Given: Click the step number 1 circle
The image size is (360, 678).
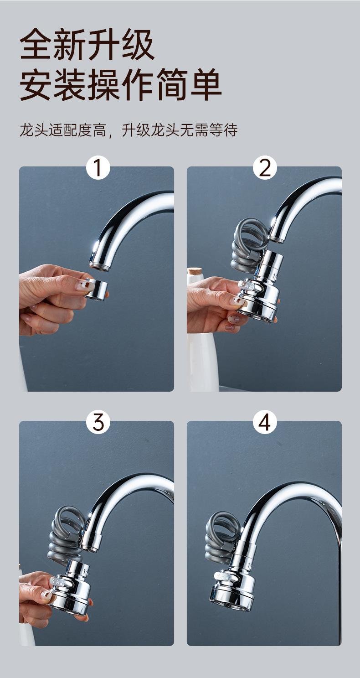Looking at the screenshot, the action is pos(98,167).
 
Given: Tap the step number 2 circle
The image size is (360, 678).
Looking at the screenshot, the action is pos(265,167).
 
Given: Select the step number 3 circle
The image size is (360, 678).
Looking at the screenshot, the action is pos(98,422).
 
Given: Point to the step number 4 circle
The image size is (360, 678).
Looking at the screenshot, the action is pos(265,422).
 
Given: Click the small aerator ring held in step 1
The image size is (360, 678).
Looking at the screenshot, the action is pos(97,290).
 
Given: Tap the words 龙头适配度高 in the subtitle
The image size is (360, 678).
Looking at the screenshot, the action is pos(62,130).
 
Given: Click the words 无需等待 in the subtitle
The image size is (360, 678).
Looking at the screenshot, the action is pos(209,130).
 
